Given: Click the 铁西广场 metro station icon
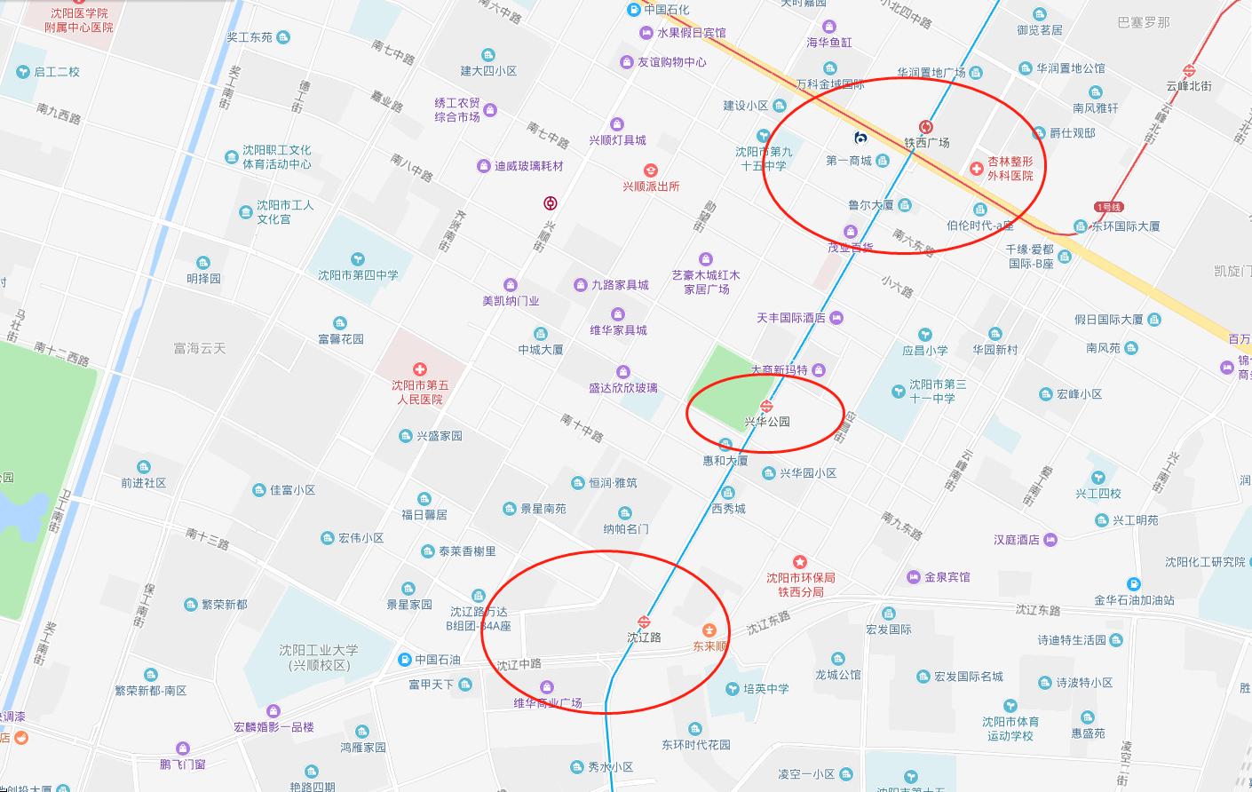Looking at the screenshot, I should click(x=926, y=127).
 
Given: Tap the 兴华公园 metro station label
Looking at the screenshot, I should click(x=767, y=422).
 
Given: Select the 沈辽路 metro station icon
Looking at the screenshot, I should click(x=644, y=622).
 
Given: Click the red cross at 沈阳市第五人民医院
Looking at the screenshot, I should click(x=420, y=369).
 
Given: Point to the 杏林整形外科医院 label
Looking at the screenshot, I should click(x=1010, y=169).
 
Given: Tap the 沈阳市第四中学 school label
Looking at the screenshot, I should click(x=358, y=275).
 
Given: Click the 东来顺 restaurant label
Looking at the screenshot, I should click(x=710, y=645).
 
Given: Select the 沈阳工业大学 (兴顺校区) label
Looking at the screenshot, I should click(x=320, y=658).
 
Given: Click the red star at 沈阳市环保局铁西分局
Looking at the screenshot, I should click(x=800, y=562).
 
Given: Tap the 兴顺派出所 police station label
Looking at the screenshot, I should click(x=651, y=186).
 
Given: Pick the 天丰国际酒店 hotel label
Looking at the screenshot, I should click(x=791, y=318).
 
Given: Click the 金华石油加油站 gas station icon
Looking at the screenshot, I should click(x=1134, y=584).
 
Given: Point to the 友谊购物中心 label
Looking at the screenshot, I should click(x=672, y=62).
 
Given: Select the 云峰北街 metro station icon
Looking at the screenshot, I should click(x=1189, y=70).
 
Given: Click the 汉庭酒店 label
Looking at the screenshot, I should click(x=1017, y=540).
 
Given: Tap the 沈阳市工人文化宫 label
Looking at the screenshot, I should click(x=285, y=211).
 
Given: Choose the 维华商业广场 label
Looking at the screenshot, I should click(x=548, y=703).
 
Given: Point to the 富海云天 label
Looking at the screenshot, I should click(x=200, y=349).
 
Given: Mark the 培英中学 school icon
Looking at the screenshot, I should click(x=732, y=688).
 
